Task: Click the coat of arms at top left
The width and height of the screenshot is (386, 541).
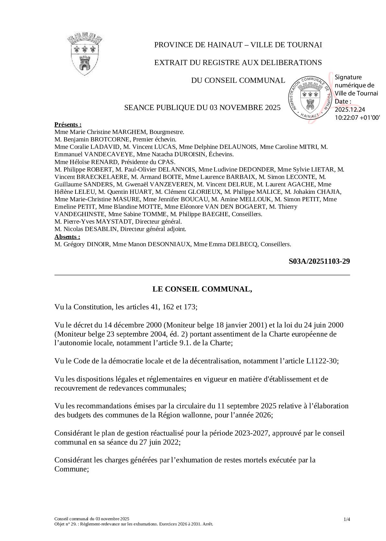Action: [85, 54]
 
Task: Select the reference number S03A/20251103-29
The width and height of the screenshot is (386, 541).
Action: [319, 261]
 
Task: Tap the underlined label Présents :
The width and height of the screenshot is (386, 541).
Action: [68, 125]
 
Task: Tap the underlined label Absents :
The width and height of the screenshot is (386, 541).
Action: [67, 237]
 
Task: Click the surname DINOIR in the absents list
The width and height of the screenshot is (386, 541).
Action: [98, 244]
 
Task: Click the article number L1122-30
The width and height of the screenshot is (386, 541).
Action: [322, 361]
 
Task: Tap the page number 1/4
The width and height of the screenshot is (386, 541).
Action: [346, 520]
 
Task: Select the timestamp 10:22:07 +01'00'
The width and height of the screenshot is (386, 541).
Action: [357, 118]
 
